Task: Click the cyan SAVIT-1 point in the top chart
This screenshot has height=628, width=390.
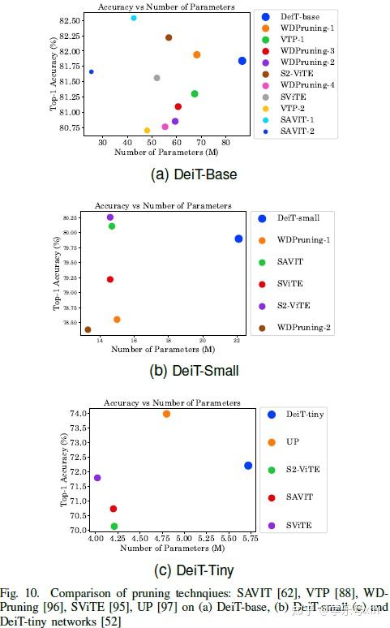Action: point(134,18)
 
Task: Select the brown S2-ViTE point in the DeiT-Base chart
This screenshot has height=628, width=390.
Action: point(169,37)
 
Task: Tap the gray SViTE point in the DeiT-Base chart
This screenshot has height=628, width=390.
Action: point(156,78)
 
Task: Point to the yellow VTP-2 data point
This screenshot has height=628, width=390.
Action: point(147,130)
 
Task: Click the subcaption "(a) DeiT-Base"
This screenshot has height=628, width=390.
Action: point(195,174)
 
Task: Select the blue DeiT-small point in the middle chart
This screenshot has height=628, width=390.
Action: point(238,239)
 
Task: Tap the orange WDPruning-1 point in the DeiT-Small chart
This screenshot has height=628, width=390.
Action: point(117,320)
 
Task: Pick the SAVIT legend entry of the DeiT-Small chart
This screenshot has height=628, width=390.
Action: point(289,261)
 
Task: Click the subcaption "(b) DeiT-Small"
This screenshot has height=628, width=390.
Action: point(195,372)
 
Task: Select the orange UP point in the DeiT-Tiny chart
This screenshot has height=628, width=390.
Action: point(166,414)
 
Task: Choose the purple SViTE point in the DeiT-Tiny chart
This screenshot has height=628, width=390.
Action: point(97,478)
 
